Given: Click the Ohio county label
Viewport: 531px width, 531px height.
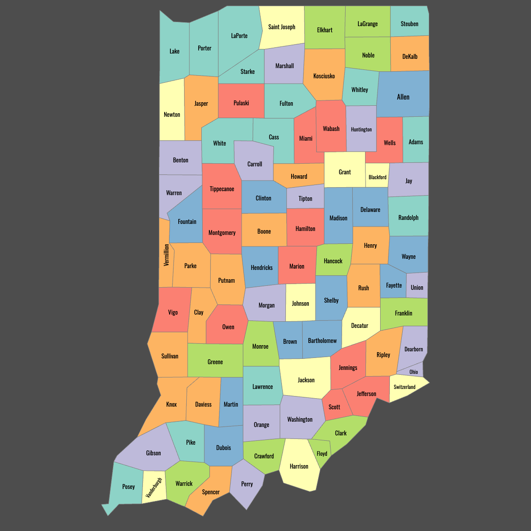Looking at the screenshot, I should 413,372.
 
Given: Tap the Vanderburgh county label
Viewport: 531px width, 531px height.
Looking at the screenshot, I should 154,488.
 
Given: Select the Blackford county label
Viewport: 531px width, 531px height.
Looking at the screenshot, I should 377,177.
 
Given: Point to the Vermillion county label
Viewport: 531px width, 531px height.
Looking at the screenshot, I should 166,255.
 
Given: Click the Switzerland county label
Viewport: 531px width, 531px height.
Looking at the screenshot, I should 404,387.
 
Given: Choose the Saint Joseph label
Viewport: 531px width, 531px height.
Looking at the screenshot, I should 281,27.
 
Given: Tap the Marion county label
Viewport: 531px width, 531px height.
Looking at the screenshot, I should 296,266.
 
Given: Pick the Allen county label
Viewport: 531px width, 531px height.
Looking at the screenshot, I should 403,97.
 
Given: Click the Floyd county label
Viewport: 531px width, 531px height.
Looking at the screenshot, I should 322,454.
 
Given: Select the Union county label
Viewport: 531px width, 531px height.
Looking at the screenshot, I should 417,288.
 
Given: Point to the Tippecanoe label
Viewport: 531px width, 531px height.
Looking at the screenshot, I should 222,189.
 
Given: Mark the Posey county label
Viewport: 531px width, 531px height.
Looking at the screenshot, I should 128,487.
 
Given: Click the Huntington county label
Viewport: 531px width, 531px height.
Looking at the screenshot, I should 361,130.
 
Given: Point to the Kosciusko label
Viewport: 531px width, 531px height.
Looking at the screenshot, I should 324,76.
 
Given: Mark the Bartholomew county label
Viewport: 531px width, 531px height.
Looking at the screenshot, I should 322,341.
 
